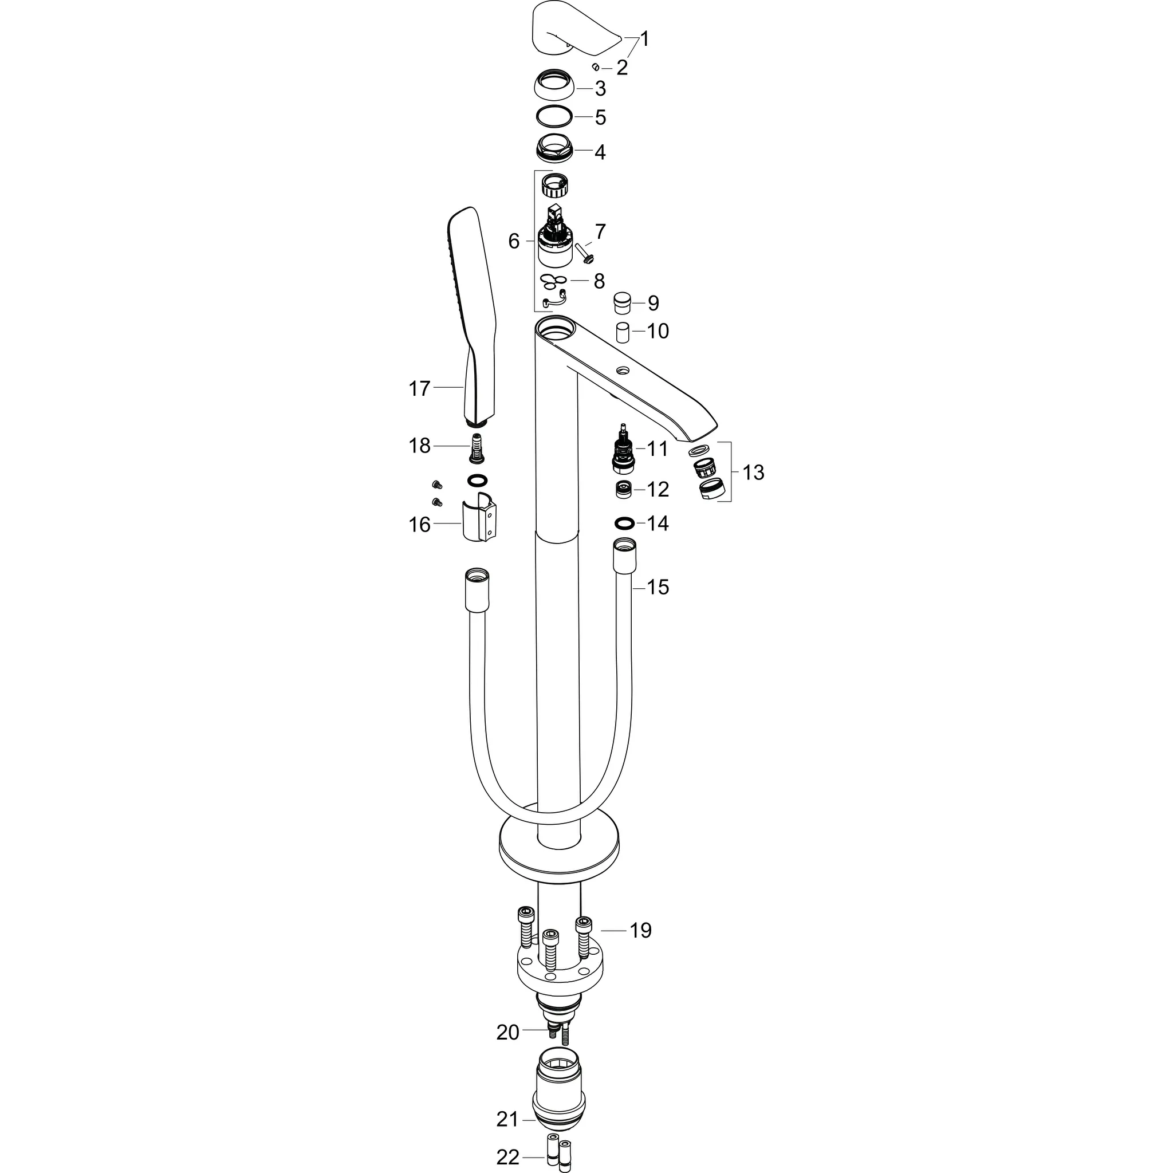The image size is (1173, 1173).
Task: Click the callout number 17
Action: click(x=419, y=388)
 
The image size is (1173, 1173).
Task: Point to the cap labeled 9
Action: click(x=623, y=302)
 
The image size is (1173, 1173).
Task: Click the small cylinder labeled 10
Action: click(x=623, y=334)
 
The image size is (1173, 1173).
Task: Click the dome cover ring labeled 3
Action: click(x=554, y=85)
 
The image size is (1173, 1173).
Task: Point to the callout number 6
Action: click(x=514, y=242)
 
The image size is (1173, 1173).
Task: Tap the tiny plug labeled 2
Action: click(x=596, y=67)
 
